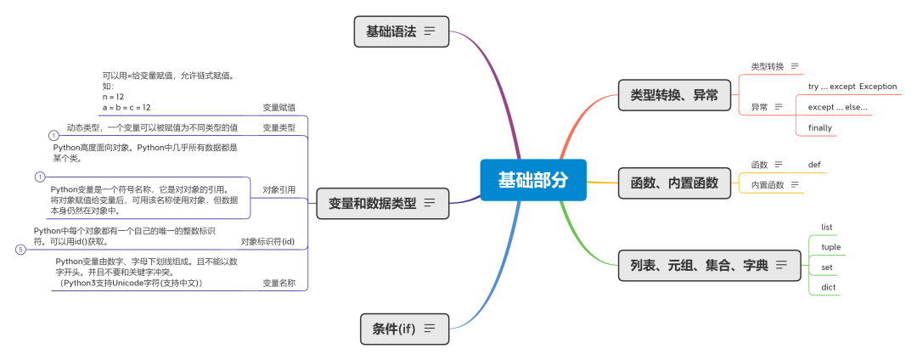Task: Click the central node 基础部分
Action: [x=532, y=180]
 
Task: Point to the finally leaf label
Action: [x=820, y=128]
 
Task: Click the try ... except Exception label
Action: [x=852, y=87]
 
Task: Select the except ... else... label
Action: [x=837, y=107]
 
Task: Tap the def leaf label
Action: [x=814, y=164]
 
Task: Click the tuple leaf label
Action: [x=830, y=247]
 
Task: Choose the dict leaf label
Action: [x=828, y=288]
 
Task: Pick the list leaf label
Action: [x=827, y=227]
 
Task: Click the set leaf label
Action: [x=827, y=267]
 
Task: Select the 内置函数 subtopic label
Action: [x=768, y=185]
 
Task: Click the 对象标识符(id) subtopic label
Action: [x=267, y=241]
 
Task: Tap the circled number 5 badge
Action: [x=20, y=250]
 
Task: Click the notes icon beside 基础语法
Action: [x=430, y=31]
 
